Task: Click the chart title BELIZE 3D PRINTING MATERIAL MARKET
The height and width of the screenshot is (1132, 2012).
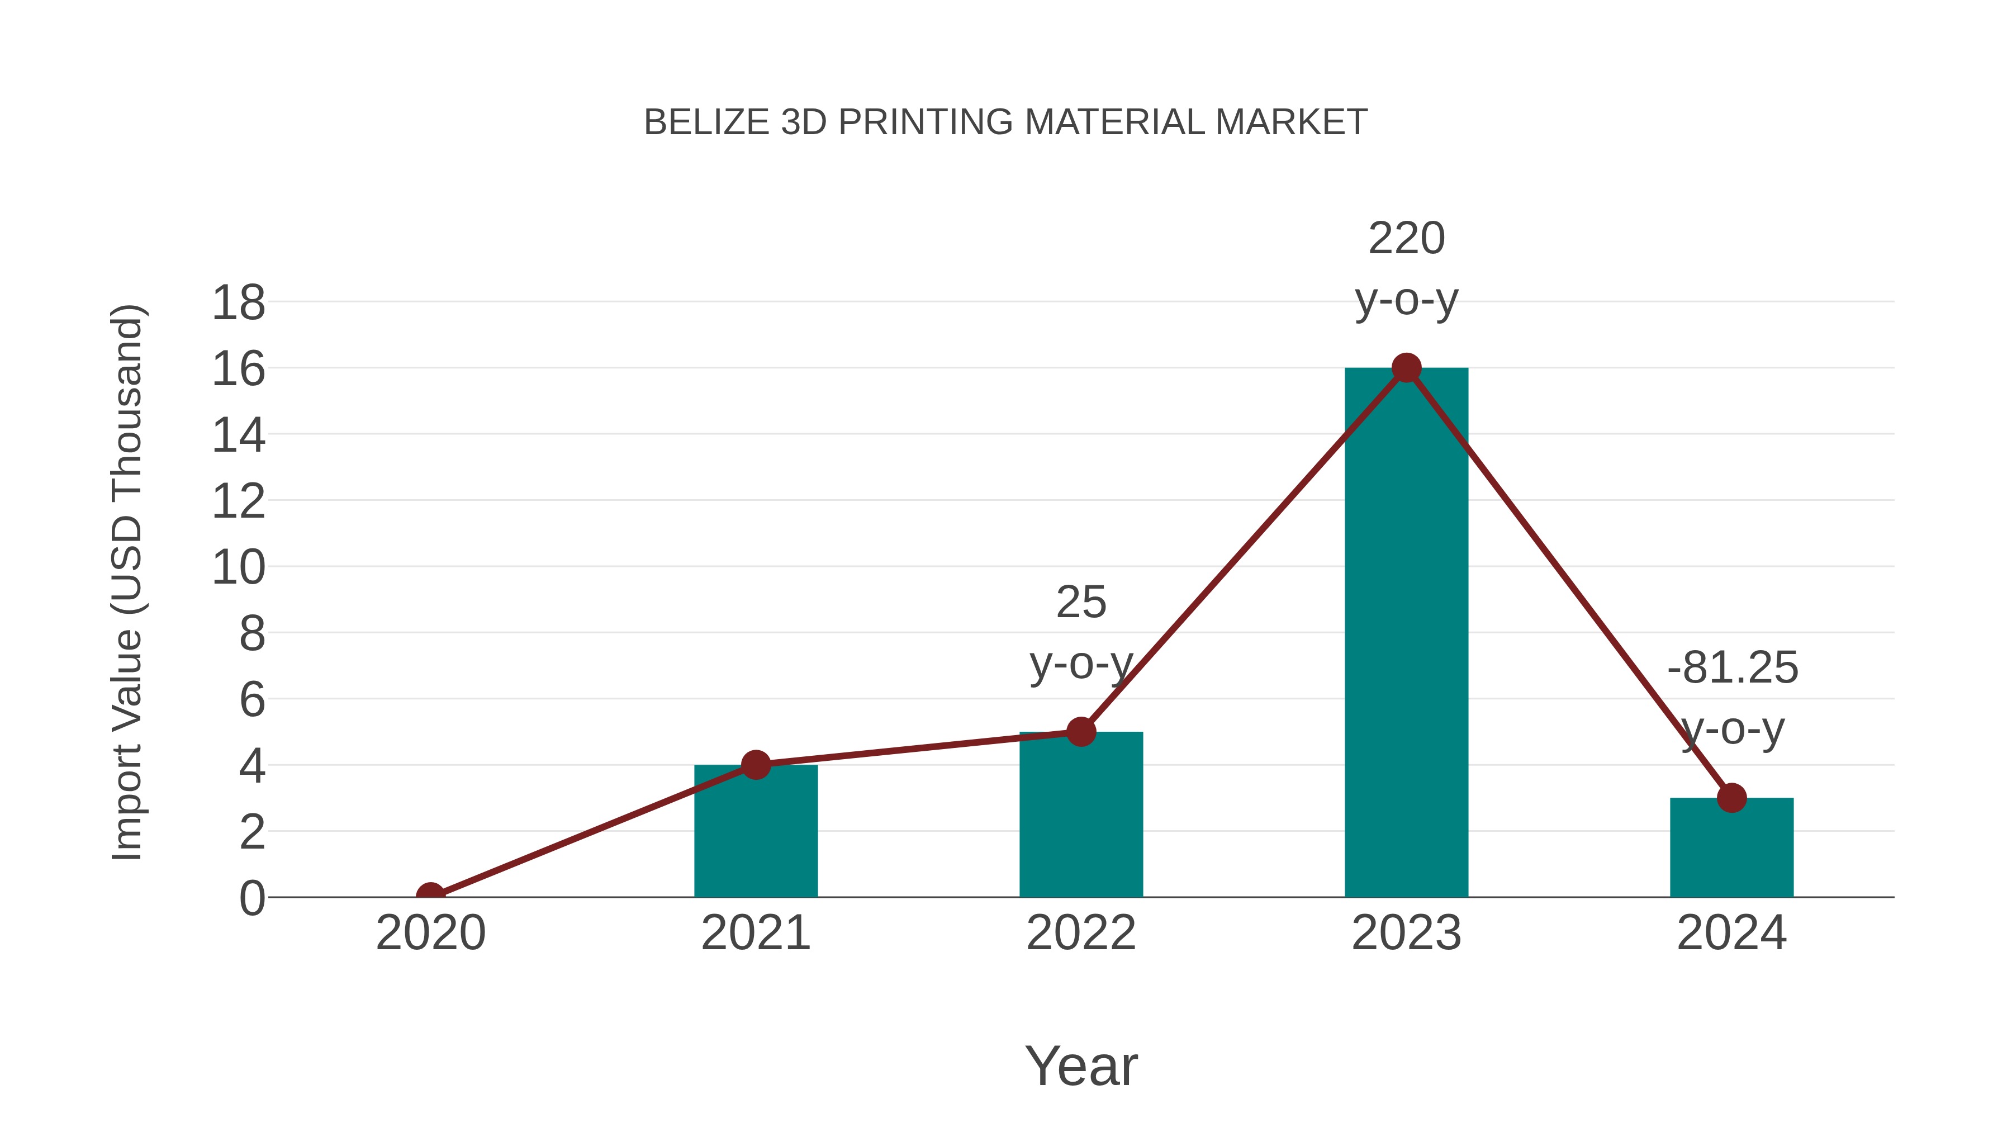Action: point(1005,122)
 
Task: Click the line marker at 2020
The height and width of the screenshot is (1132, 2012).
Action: point(430,896)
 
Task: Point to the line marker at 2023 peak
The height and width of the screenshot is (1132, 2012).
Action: point(1406,368)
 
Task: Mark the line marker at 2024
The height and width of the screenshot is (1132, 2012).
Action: point(1731,798)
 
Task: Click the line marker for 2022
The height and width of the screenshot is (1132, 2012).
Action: point(1081,732)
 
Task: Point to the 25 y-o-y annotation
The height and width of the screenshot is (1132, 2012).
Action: point(1081,633)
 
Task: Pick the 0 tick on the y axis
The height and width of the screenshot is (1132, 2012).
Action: point(251,898)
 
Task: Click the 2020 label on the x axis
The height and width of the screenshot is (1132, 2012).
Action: point(430,933)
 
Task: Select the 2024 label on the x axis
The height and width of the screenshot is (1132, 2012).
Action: point(1731,933)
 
